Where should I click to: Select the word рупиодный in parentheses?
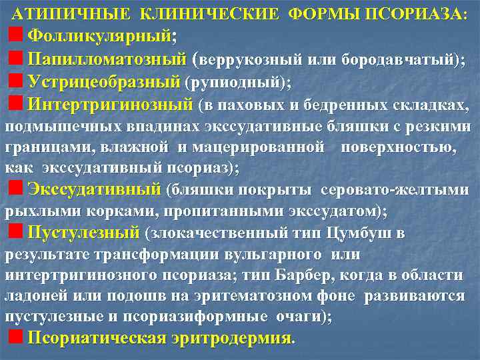click(237, 83)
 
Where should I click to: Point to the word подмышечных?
click(56, 127)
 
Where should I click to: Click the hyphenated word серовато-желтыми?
click(395, 190)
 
